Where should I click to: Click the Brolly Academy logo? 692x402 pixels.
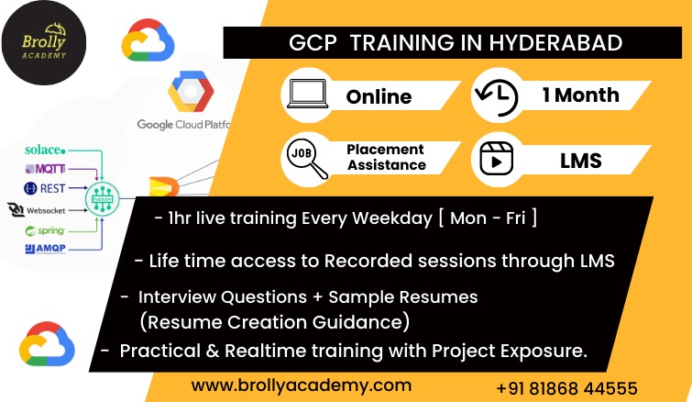44,43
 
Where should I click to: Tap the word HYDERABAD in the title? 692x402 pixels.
555,43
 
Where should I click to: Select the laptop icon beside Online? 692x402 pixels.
308,94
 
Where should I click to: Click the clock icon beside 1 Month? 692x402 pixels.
496,97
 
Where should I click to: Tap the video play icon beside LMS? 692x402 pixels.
496,159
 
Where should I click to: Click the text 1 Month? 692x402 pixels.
581,95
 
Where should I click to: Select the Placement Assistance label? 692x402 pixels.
386,157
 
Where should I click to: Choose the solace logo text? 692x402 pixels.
45,150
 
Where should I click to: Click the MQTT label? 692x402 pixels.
45,168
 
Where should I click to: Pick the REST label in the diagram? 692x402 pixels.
45,189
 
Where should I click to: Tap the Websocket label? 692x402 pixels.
37,210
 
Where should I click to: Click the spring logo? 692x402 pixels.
45,230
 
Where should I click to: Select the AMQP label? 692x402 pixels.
46,249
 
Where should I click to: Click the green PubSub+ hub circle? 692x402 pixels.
102,199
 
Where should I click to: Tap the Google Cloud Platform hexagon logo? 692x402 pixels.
191,91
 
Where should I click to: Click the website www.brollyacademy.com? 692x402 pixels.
302,385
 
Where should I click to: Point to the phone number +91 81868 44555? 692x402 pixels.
566,388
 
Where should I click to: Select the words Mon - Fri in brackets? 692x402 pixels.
488,218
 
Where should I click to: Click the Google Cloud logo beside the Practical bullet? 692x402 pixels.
47,344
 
